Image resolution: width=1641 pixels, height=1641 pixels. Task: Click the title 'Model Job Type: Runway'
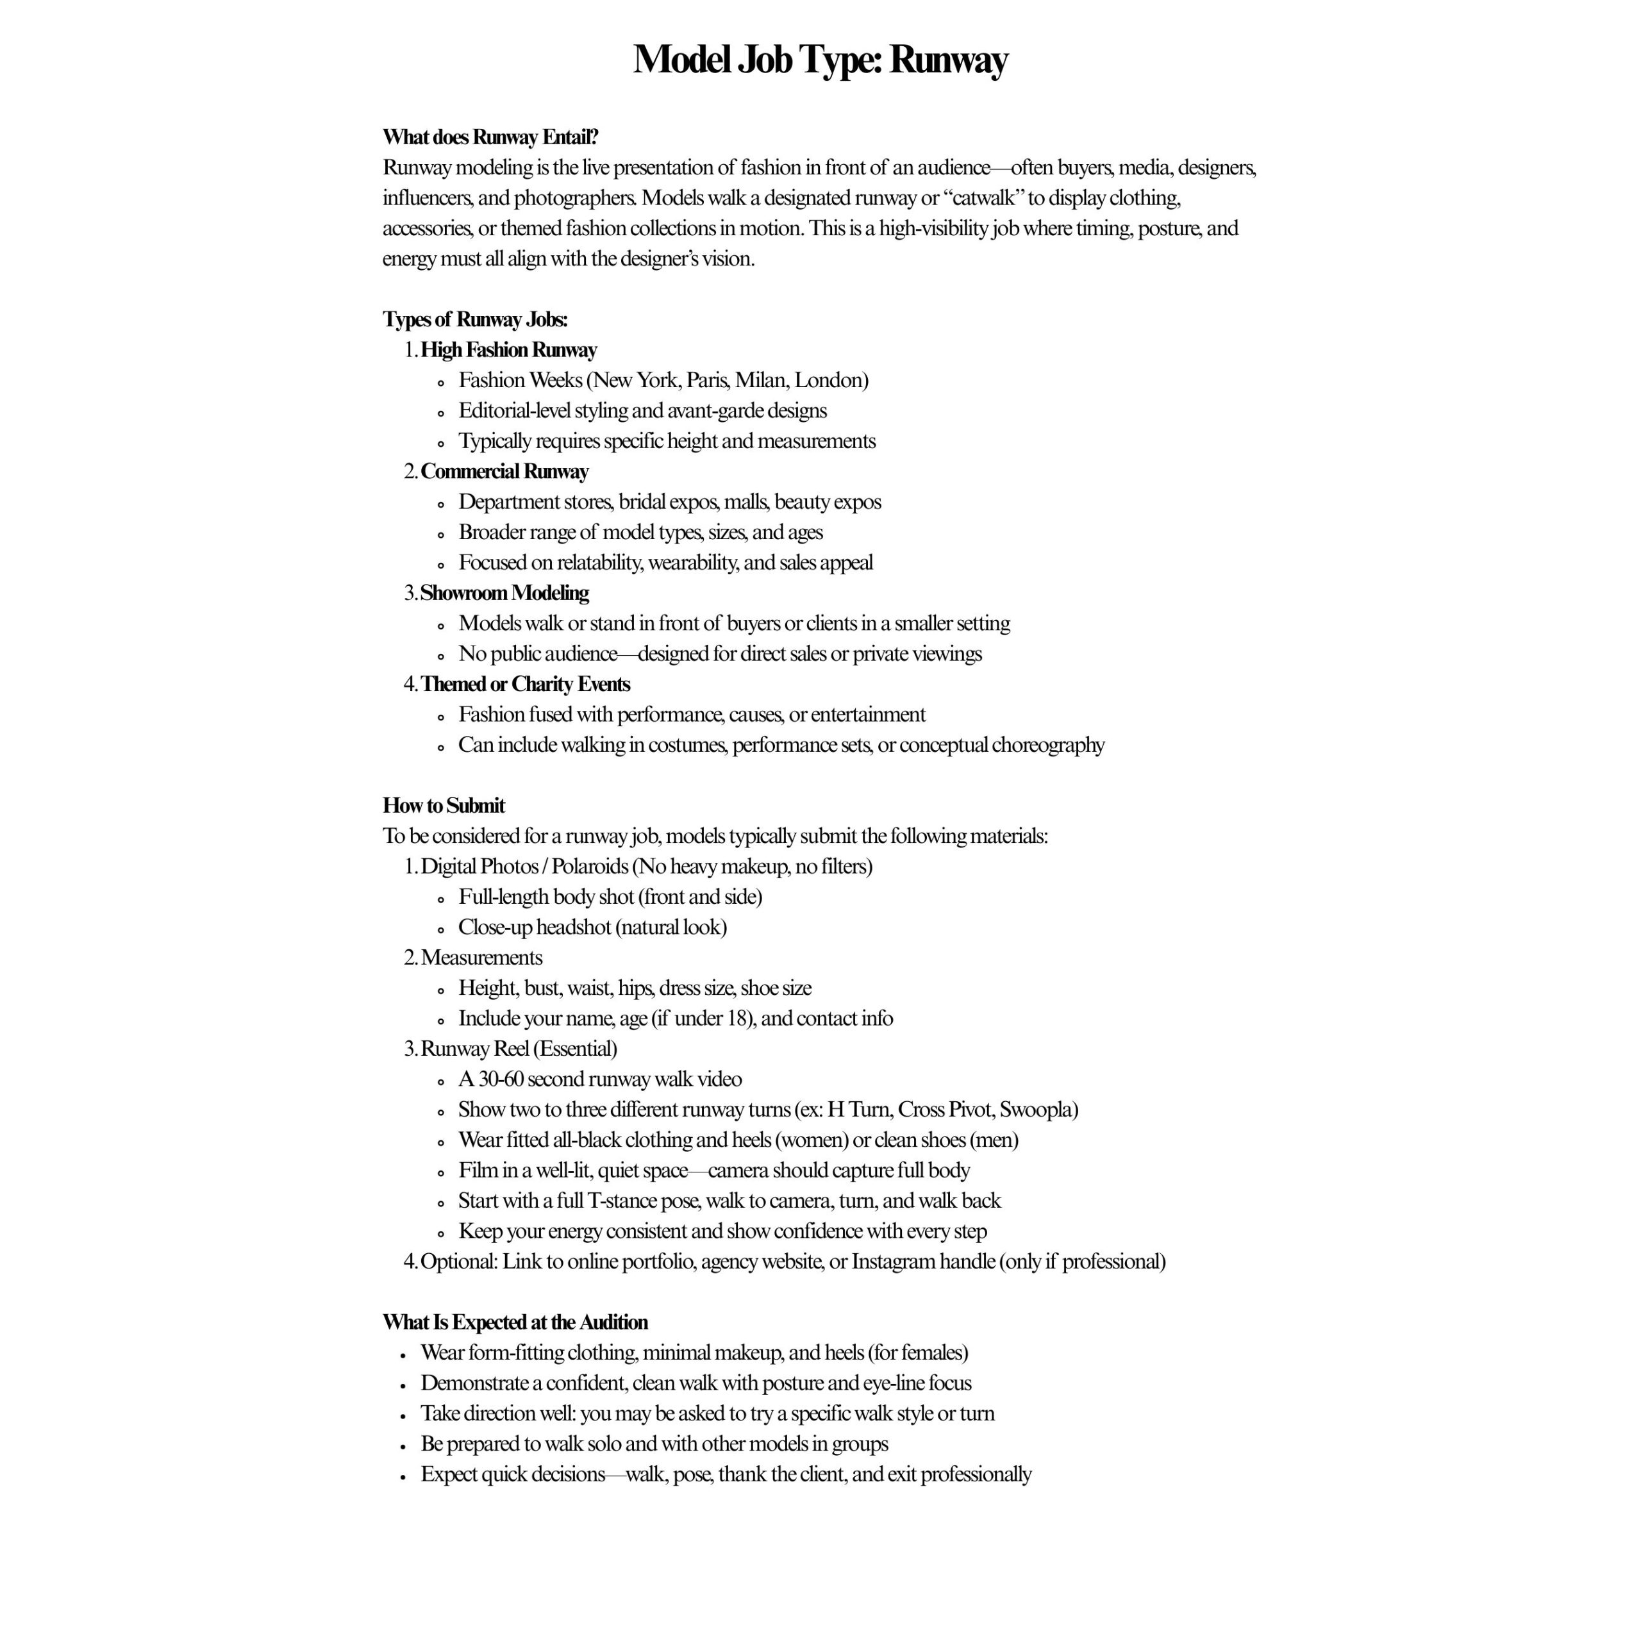[x=820, y=60]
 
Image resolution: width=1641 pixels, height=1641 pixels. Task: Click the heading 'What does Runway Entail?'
[x=490, y=137]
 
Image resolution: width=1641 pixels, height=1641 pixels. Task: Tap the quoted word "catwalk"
[x=985, y=198]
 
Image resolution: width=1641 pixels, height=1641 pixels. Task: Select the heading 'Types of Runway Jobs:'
[x=475, y=319]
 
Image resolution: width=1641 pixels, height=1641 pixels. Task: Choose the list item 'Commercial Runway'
[x=504, y=471]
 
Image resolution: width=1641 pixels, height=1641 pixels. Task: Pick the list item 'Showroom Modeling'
[x=504, y=593]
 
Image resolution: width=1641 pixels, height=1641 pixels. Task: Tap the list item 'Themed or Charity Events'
[x=525, y=684]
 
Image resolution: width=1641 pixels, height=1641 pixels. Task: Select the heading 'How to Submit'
[x=444, y=805]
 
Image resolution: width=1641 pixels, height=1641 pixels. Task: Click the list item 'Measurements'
[x=481, y=957]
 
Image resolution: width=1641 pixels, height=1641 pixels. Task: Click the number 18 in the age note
[x=737, y=1019]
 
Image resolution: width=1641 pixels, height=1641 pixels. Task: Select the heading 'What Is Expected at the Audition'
[x=515, y=1322]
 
